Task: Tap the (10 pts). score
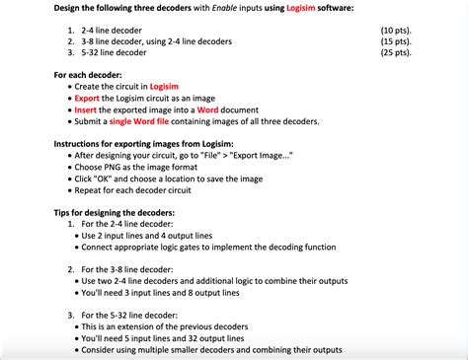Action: pos(398,32)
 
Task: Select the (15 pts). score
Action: pos(398,42)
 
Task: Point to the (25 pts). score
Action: pos(398,53)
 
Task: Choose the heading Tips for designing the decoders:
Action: pos(115,213)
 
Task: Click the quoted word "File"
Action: pos(216,155)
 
